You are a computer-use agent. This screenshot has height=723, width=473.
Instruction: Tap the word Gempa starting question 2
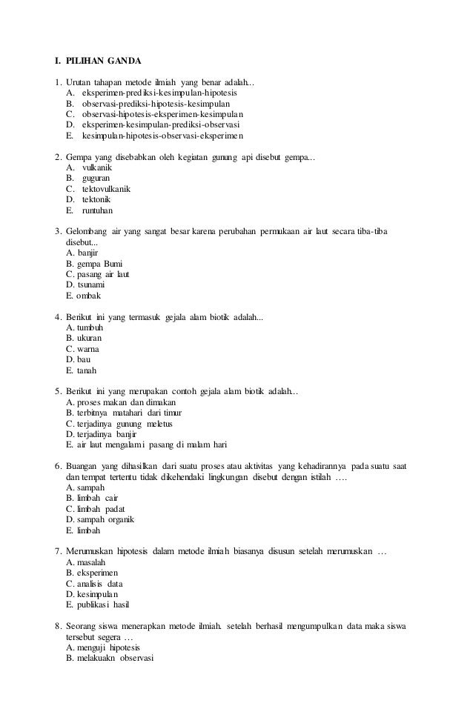pyautogui.click(x=79, y=157)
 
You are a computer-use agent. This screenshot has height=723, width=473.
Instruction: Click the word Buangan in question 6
pyautogui.click(x=82, y=466)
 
